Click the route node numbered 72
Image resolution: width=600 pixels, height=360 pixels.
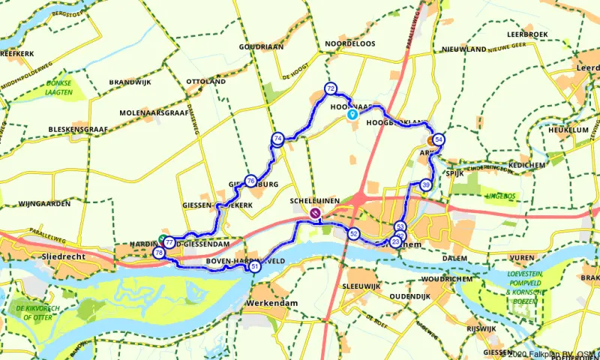tap(330, 88)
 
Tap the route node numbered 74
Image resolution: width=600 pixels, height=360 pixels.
tap(277, 138)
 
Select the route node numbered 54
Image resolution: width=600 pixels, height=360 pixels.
tap(439, 139)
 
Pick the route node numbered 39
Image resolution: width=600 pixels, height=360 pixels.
tap(426, 185)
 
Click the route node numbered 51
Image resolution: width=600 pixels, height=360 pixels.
tap(255, 266)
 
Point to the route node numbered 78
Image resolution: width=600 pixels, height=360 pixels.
tap(159, 253)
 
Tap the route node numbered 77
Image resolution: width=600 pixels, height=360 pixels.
tap(170, 243)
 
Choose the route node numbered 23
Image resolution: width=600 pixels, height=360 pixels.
tap(395, 241)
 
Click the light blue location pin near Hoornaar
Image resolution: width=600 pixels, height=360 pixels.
tap(352, 115)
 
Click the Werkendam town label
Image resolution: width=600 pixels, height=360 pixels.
tap(271, 303)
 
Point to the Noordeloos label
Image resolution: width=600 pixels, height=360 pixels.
tap(349, 44)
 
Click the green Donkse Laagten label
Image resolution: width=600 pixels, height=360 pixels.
tap(58, 87)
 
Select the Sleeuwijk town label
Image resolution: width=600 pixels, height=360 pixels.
tap(362, 286)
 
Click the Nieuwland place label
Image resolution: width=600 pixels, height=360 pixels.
tap(464, 49)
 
